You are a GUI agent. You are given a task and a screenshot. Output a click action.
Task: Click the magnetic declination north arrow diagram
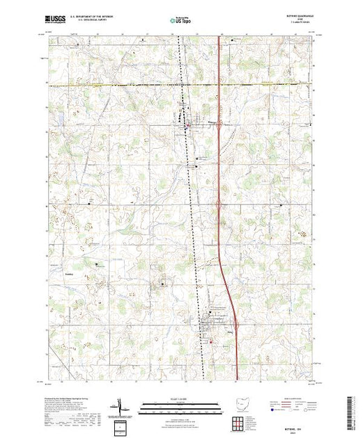tap(120, 405)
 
